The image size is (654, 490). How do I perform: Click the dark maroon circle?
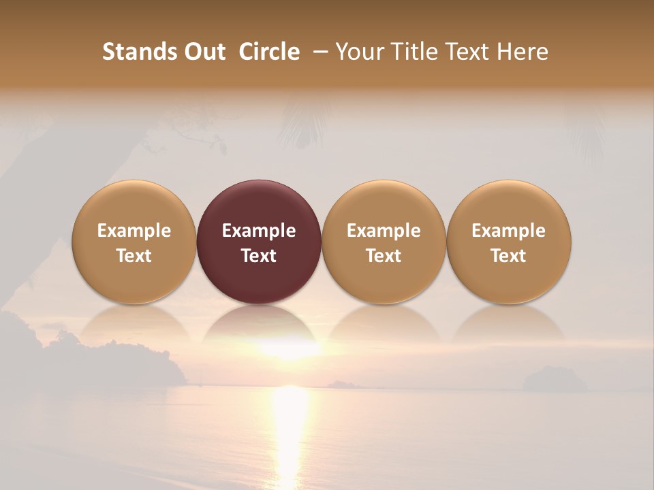click(x=259, y=242)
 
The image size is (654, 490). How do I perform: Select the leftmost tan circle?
click(x=134, y=242)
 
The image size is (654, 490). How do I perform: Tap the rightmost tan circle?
click(x=509, y=242)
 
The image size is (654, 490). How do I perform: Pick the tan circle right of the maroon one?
click(x=384, y=242)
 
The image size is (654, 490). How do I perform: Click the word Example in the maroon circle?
click(x=259, y=231)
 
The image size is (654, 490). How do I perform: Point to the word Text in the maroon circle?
click(x=259, y=256)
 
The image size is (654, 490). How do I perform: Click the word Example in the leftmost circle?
click(x=134, y=231)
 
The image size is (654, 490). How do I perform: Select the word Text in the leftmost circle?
click(x=134, y=256)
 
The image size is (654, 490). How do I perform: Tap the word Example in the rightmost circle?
click(x=509, y=231)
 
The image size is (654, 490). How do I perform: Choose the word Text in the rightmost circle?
click(x=509, y=256)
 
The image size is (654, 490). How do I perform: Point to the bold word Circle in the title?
click(x=269, y=52)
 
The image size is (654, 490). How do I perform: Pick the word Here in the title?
click(x=523, y=52)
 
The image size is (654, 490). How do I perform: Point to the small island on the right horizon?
click(x=553, y=380)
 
